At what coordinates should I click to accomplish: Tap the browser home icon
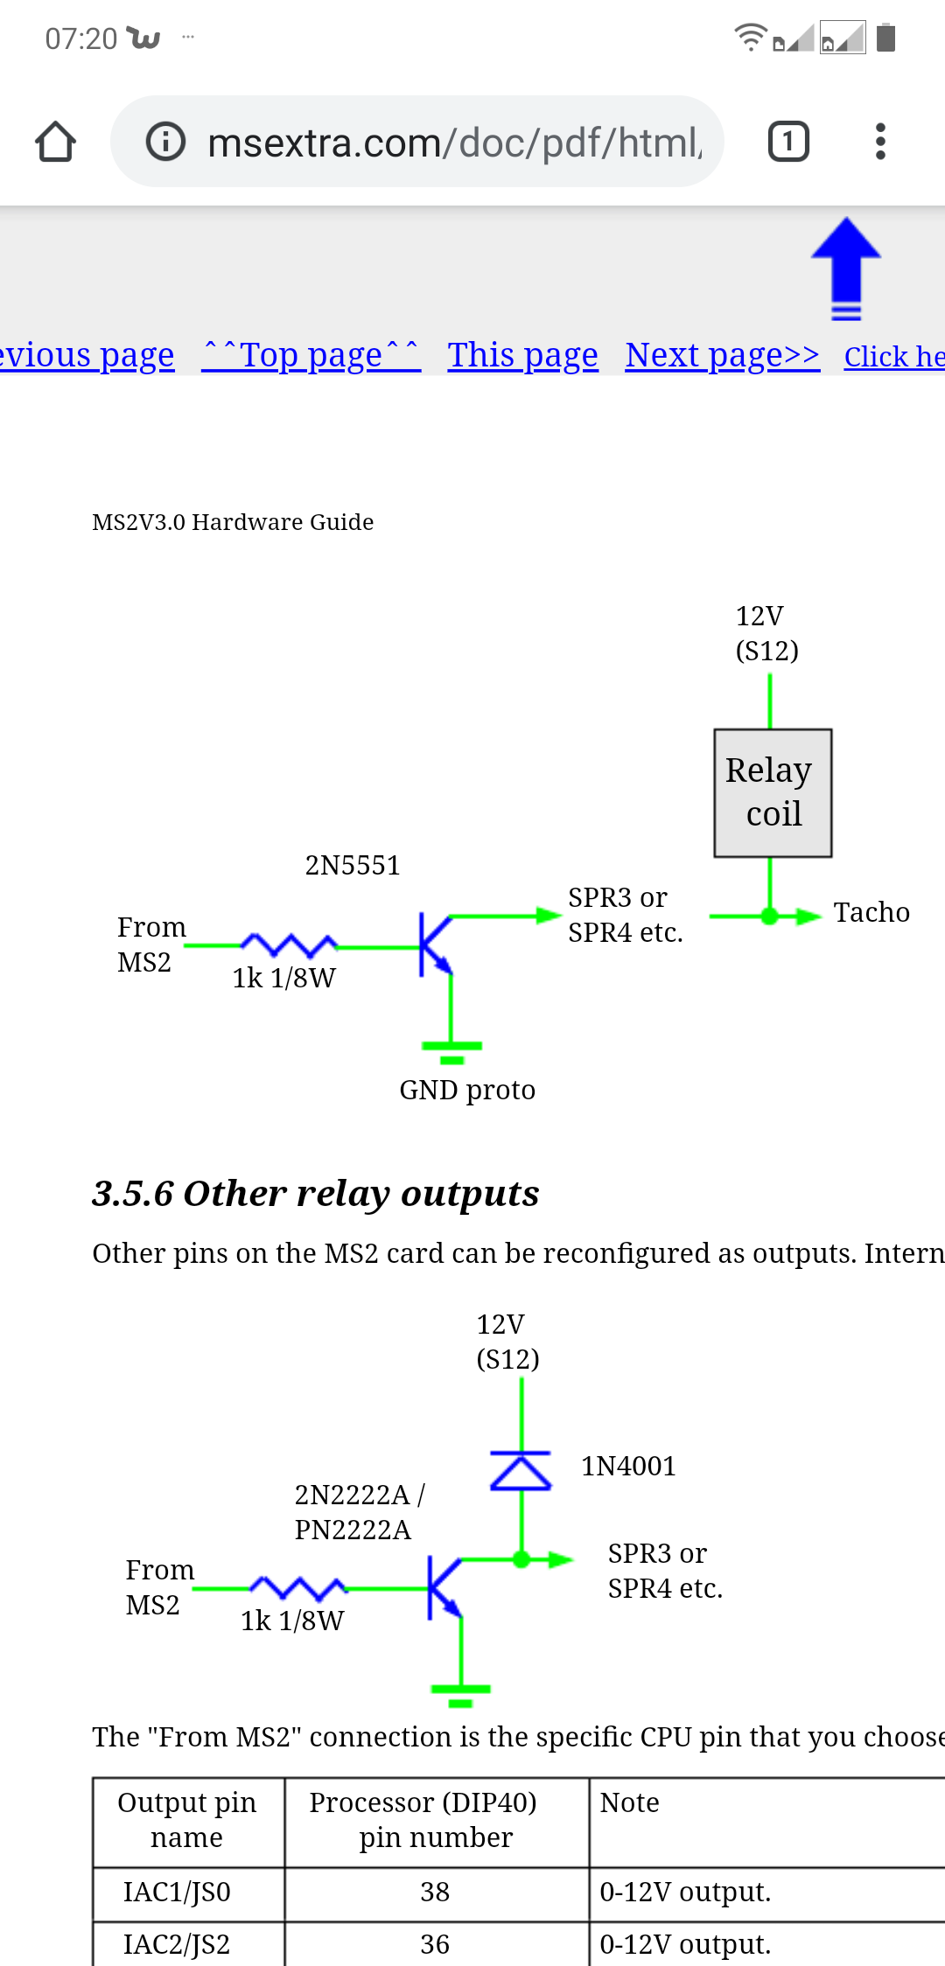click(55, 142)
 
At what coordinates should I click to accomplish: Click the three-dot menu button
click(880, 142)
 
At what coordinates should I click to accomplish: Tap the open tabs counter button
click(788, 142)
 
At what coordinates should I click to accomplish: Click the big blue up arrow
click(845, 268)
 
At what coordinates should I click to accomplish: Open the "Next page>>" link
click(722, 355)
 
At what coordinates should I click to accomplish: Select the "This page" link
click(522, 355)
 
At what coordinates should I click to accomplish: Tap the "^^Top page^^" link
click(311, 355)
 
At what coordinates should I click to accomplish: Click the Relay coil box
click(773, 792)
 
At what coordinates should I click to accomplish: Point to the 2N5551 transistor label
click(352, 865)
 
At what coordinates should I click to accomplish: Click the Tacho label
click(871, 912)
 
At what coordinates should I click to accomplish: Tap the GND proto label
click(467, 1090)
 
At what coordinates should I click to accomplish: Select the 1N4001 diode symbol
click(521, 1470)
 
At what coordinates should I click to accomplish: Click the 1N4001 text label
click(628, 1466)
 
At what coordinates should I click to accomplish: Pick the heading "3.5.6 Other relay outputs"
click(316, 1194)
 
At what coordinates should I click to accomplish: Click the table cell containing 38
click(435, 1892)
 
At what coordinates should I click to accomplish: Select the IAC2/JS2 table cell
click(177, 1944)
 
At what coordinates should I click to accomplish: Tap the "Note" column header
click(629, 1802)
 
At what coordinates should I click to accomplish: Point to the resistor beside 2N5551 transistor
click(289, 945)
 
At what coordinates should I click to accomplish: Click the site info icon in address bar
click(165, 142)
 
